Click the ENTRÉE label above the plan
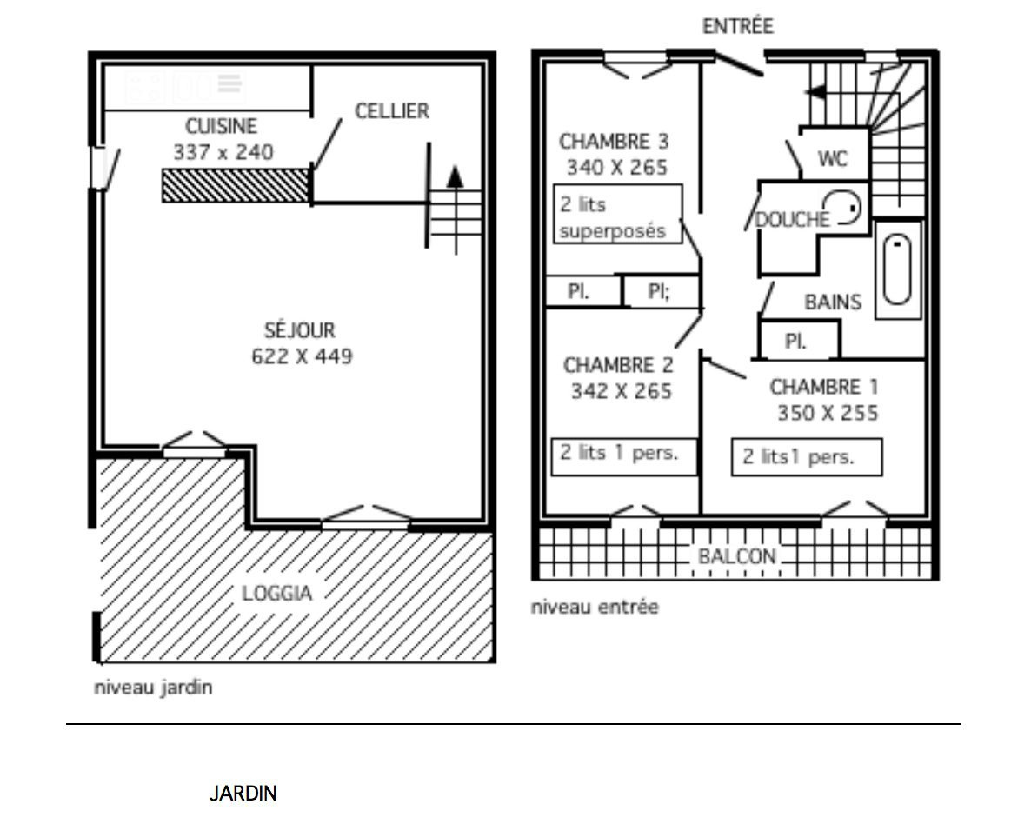pyautogui.click(x=738, y=26)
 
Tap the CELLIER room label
pyautogui.click(x=392, y=110)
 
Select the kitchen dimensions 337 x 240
pyautogui.click(x=223, y=152)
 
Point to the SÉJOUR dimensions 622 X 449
pyautogui.click(x=302, y=356)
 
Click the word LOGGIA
pyautogui.click(x=276, y=593)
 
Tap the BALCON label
pyautogui.click(x=737, y=556)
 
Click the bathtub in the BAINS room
pyautogui.click(x=897, y=269)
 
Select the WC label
pyautogui.click(x=833, y=158)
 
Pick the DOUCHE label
pyautogui.click(x=792, y=219)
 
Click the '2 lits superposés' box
pyautogui.click(x=617, y=214)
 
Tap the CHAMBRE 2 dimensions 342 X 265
pyautogui.click(x=622, y=391)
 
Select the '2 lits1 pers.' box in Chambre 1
pyautogui.click(x=807, y=456)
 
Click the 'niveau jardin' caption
pyautogui.click(x=153, y=688)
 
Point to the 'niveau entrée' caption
pyautogui.click(x=595, y=607)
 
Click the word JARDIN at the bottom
pyautogui.click(x=243, y=793)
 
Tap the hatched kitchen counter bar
pyautogui.click(x=236, y=185)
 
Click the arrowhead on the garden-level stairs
pyautogui.click(x=455, y=177)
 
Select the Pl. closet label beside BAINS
pyautogui.click(x=795, y=342)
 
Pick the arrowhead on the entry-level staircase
pyautogui.click(x=815, y=92)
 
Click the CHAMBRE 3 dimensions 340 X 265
pyautogui.click(x=616, y=167)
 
